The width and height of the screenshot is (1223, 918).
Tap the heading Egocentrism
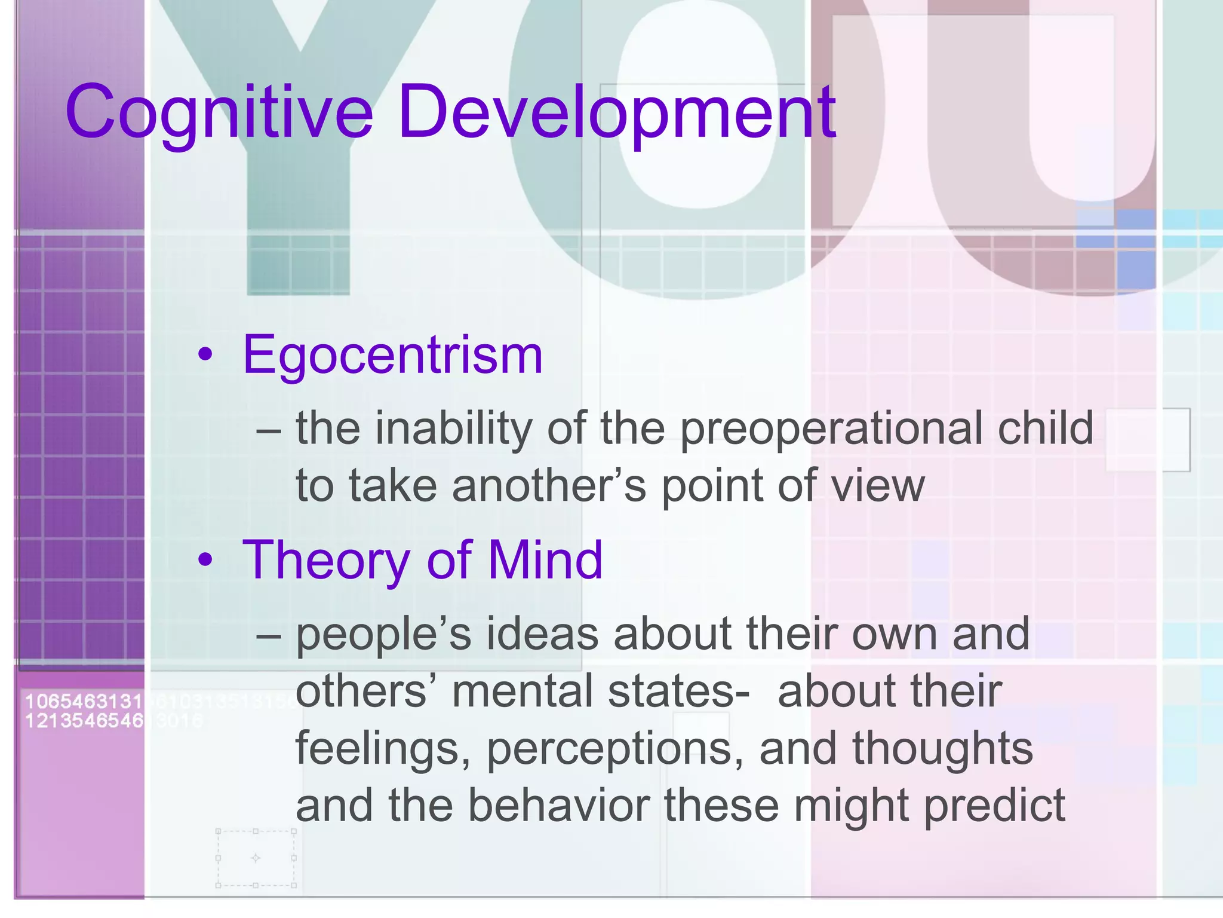pyautogui.click(x=392, y=355)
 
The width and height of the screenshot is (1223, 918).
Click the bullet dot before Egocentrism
pyautogui.click(x=205, y=355)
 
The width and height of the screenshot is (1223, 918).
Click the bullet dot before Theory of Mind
pyautogui.click(x=205, y=560)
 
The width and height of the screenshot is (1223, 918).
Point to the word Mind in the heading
pyautogui.click(x=545, y=560)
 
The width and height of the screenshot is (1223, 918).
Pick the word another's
pyautogui.click(x=549, y=486)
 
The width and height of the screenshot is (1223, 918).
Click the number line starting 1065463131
pyautogui.click(x=84, y=701)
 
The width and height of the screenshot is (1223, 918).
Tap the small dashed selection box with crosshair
pyautogui.click(x=256, y=858)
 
